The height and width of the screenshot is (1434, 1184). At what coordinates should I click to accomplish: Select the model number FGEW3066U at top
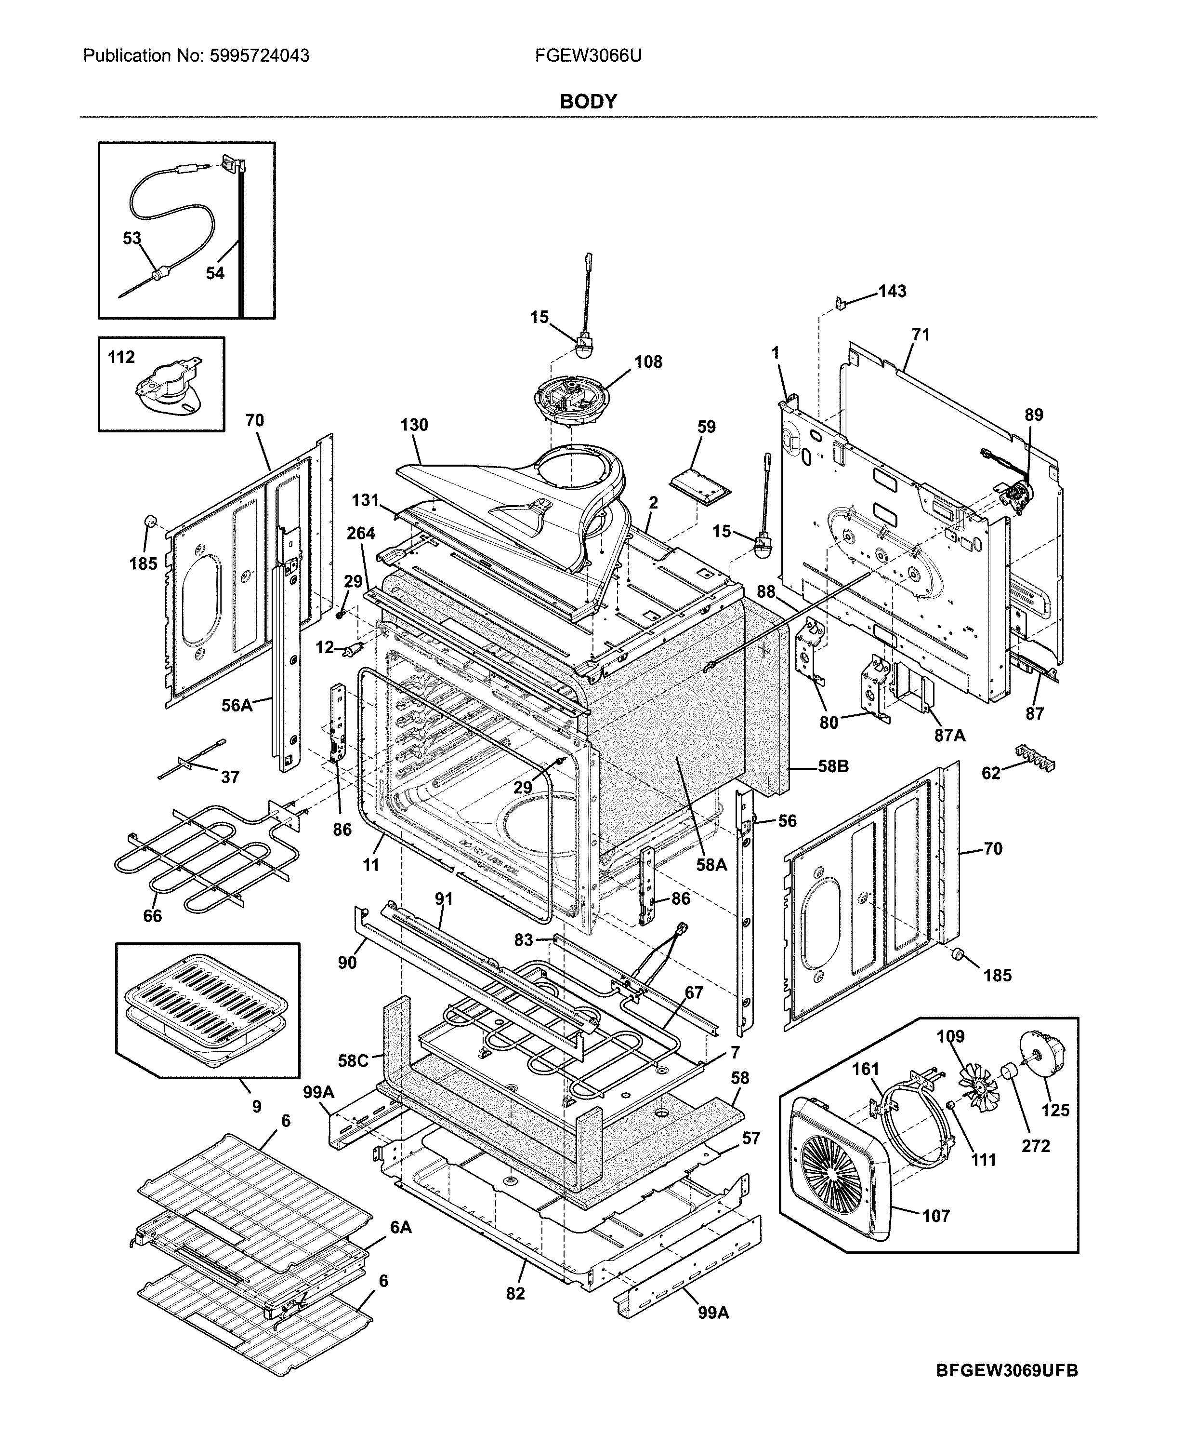588,56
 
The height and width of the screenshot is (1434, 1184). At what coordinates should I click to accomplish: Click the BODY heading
588,102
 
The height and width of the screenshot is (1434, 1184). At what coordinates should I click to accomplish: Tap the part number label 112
121,358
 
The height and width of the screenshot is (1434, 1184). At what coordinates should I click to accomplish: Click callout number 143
892,292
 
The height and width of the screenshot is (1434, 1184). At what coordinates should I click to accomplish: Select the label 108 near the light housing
648,362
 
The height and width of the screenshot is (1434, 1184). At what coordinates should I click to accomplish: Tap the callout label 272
1035,1146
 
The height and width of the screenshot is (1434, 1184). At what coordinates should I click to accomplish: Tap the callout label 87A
949,736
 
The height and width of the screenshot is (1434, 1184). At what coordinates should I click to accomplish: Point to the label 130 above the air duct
414,425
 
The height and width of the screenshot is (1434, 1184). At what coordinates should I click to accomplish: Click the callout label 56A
237,706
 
